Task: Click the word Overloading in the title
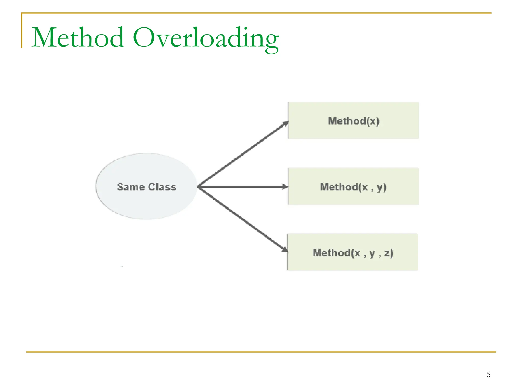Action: [205, 38]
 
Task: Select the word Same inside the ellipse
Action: [131, 187]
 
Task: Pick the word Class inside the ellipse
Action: [162, 187]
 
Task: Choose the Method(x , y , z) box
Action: [353, 264]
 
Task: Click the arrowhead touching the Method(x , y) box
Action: [285, 187]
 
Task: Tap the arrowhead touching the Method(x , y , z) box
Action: [285, 249]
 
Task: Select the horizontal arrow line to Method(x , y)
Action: [242, 187]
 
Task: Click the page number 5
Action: [488, 374]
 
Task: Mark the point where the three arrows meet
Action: [199, 187]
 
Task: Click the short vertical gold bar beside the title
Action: [22, 31]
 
